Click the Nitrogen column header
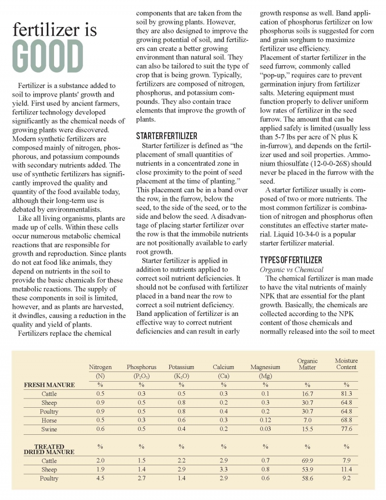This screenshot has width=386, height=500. (100, 367)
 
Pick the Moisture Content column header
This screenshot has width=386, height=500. (346, 364)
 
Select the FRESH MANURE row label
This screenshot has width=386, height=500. (49, 385)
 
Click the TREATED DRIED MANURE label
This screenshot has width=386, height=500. (49, 449)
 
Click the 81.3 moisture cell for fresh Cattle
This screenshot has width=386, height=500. (346, 394)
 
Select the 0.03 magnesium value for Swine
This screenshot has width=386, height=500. (265, 429)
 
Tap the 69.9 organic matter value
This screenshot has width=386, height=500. (307, 461)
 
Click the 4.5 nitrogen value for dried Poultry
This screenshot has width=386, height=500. (100, 478)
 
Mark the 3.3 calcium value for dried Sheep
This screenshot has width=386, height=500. (223, 470)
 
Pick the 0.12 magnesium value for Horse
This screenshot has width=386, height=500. (265, 420)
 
